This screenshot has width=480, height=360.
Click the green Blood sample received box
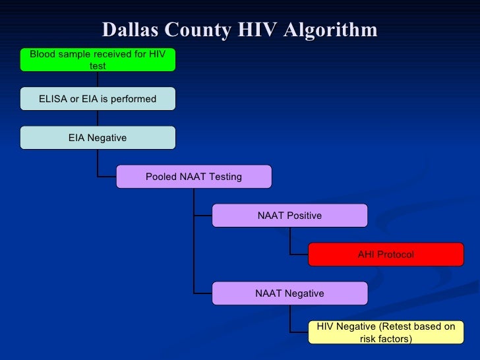click(98, 59)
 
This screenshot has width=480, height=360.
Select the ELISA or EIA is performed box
click(98, 99)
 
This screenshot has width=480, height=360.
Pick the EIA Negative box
click(98, 138)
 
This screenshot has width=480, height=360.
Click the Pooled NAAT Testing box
click(193, 177)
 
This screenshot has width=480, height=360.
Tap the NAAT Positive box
click(289, 216)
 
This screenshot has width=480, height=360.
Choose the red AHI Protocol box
click(386, 255)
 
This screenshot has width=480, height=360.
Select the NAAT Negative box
click(289, 293)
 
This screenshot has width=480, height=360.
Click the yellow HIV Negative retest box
click(386, 332)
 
